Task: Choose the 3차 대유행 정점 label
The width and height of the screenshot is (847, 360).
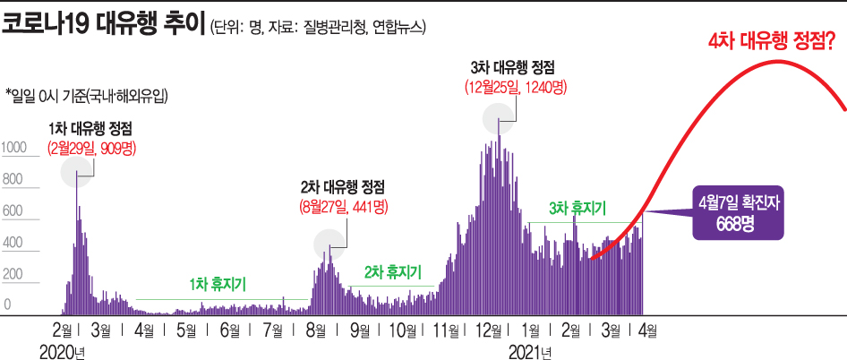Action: (x=512, y=68)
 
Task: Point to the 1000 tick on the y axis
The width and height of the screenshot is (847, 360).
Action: (x=14, y=148)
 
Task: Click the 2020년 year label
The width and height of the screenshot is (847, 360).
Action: (x=62, y=351)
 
